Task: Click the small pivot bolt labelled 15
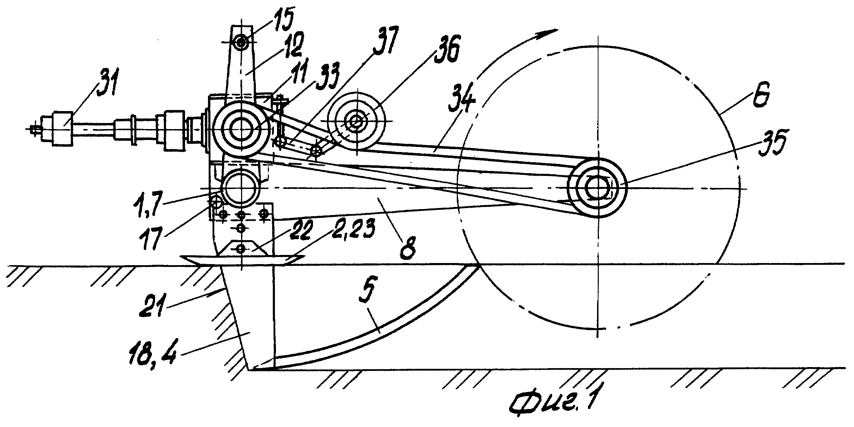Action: [241, 43]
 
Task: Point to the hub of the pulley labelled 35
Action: [598, 187]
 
